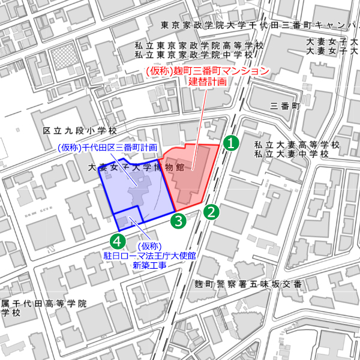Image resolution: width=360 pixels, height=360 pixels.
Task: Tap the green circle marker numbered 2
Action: click(x=211, y=211)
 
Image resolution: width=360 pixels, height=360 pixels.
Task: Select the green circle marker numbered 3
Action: click(x=178, y=220)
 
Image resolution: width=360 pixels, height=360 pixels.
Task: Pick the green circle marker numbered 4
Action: click(x=118, y=241)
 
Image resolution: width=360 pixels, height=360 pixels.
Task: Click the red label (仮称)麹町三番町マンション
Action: click(x=208, y=71)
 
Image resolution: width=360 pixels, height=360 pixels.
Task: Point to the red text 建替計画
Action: click(x=208, y=82)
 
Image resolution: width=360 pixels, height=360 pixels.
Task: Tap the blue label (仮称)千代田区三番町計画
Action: click(x=107, y=148)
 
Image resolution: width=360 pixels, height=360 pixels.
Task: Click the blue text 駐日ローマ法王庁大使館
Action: click(x=150, y=256)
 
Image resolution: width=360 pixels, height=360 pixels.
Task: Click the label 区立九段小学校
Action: click(x=80, y=130)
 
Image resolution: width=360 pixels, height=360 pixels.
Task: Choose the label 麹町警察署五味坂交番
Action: click(x=248, y=284)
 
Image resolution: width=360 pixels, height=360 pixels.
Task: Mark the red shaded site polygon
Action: click(x=192, y=171)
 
